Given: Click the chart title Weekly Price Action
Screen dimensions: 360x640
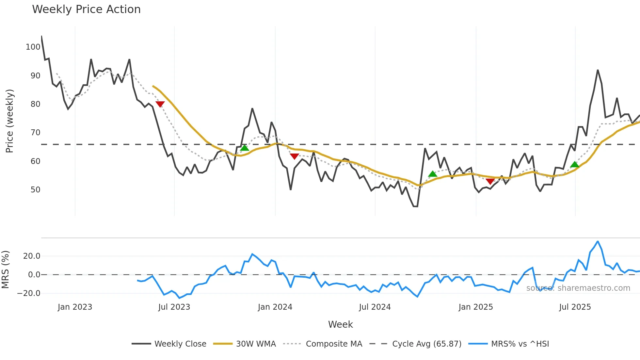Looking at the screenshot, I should [x=86, y=9].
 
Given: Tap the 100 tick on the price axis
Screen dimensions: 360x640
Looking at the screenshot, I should [x=33, y=47].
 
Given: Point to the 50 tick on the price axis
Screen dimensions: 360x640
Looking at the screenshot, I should [x=35, y=190].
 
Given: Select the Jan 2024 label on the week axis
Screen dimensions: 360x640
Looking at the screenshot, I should [x=275, y=307].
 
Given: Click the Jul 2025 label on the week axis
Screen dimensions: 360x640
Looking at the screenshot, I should [x=575, y=307].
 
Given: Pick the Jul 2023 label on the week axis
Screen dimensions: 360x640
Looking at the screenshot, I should [x=174, y=307].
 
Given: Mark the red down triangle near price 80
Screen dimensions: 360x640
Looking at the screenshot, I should [x=160, y=104].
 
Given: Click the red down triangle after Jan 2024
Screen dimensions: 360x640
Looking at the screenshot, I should [x=295, y=156].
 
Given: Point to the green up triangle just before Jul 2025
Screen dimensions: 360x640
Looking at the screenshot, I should [x=575, y=165].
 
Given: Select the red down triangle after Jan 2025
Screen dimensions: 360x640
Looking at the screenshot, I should [x=490, y=181].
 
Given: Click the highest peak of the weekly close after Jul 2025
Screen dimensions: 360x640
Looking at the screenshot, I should [x=598, y=70].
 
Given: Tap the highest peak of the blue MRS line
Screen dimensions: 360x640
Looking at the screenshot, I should [x=598, y=241].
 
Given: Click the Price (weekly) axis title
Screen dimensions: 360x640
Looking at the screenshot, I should [x=9, y=121].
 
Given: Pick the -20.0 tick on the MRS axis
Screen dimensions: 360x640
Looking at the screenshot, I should [x=29, y=293].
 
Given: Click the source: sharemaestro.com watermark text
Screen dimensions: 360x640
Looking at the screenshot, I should [x=578, y=288].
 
